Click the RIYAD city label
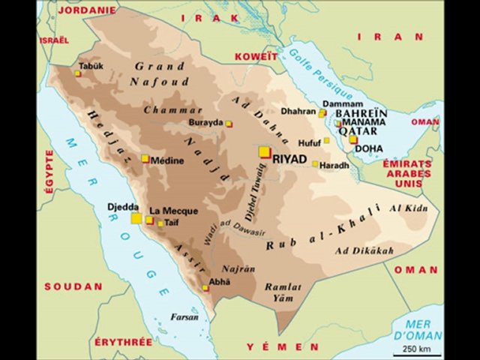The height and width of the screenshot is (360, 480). [290, 158]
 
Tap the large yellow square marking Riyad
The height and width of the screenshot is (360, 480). [264, 152]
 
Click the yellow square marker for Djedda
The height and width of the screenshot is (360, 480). [136, 218]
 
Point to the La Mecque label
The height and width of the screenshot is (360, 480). [169, 211]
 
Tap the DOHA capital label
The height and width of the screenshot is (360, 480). [368, 148]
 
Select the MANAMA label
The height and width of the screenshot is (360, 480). [364, 121]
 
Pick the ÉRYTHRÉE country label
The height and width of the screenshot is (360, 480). [124, 342]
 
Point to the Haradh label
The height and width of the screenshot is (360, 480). [335, 165]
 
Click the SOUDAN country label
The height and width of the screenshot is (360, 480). [73, 286]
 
